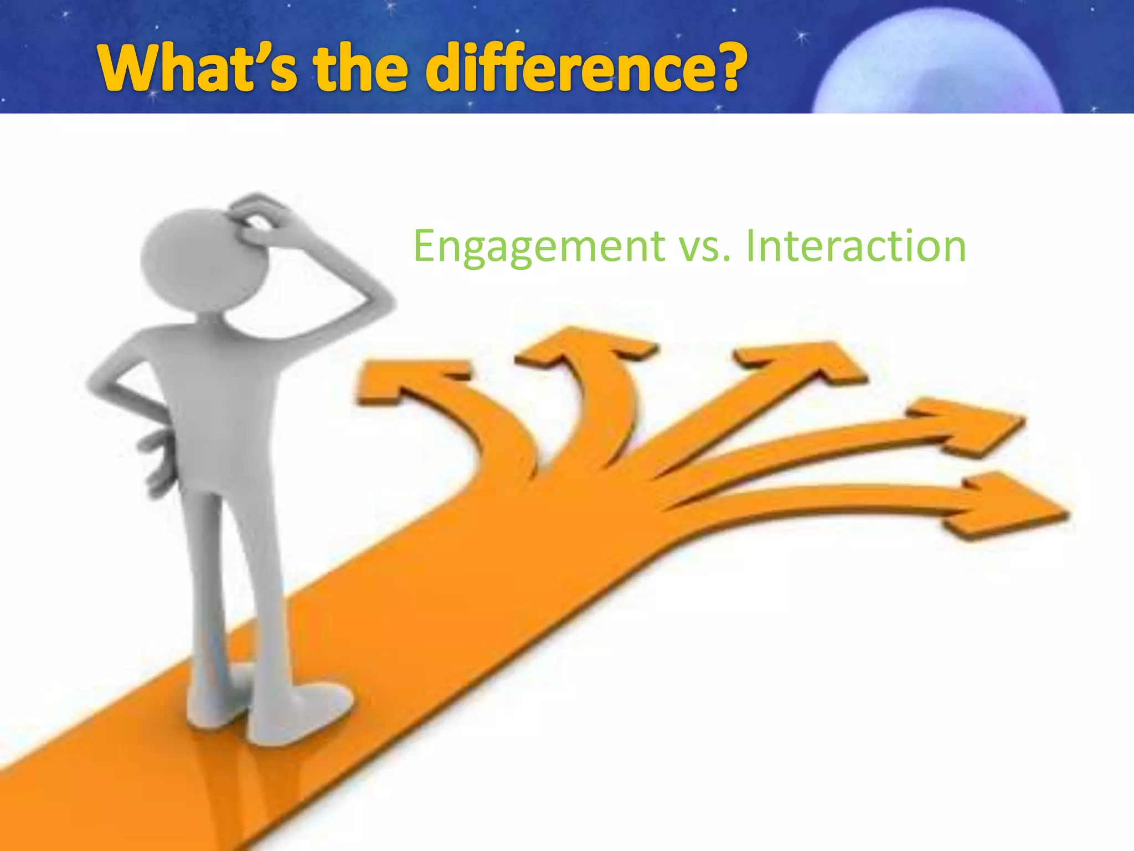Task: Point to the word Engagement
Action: [x=539, y=247]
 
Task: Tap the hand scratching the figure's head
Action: [x=260, y=219]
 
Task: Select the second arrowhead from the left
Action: [x=587, y=346]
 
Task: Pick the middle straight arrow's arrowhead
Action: [x=803, y=360]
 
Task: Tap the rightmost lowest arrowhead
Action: [x=1008, y=504]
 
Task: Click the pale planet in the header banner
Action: [x=936, y=66]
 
